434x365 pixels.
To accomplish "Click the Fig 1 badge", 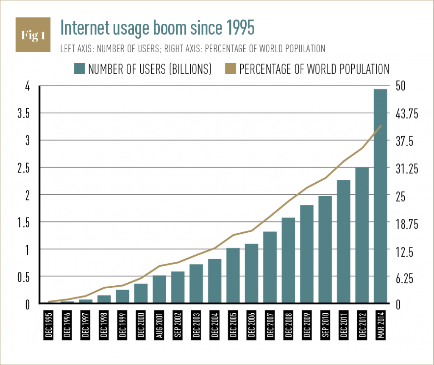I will [x=33, y=35].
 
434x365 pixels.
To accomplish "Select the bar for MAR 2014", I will [x=381, y=196].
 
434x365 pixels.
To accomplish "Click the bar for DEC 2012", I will [x=362, y=235].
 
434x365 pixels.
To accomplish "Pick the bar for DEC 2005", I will [x=233, y=276].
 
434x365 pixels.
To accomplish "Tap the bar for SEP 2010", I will [x=325, y=250].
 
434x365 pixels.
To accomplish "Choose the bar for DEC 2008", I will [x=288, y=260].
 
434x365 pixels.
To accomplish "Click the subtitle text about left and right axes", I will [x=193, y=49].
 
